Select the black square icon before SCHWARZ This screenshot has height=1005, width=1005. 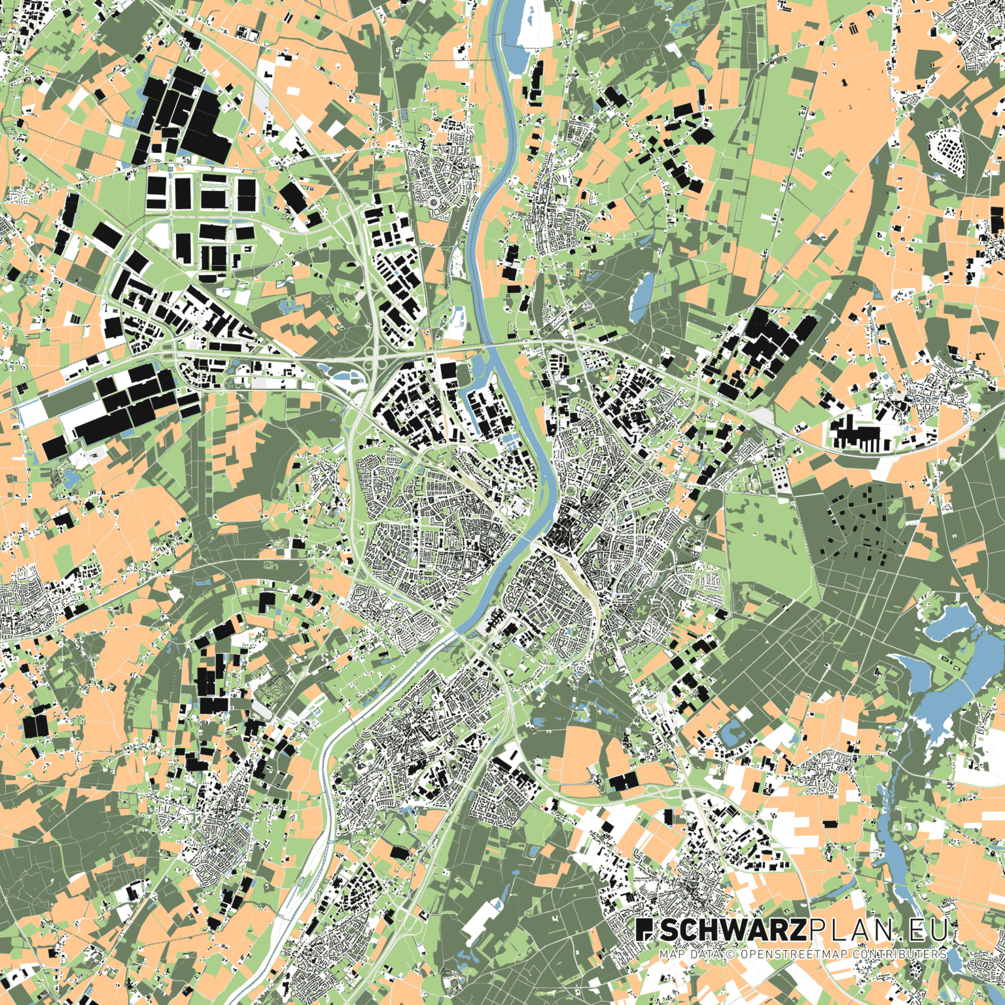(x=644, y=930)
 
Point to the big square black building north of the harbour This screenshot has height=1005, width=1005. (x=448, y=371)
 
